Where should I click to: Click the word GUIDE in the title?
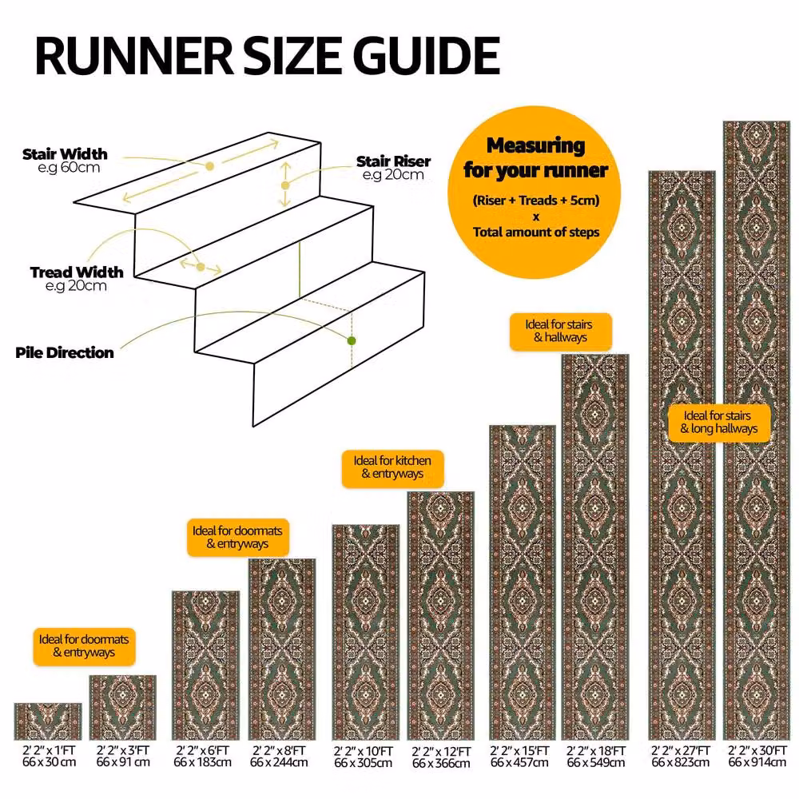(x=426, y=56)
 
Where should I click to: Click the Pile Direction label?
(x=64, y=352)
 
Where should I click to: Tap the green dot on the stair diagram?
(x=351, y=340)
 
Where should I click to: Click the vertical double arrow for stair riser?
(x=285, y=185)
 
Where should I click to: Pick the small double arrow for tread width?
(x=201, y=267)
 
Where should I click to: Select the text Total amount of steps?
(x=536, y=233)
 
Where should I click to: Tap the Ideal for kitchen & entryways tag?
(x=392, y=467)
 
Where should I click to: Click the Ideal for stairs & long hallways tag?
(x=718, y=423)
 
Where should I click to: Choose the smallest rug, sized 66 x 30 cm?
(x=47, y=721)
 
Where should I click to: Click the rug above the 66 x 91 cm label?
(x=122, y=707)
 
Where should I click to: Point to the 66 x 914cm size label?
(x=757, y=762)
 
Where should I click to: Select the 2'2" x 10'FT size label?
(x=364, y=751)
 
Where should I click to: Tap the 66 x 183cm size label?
(x=202, y=762)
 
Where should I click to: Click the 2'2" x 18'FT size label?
(x=596, y=751)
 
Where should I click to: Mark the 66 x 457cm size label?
(x=519, y=763)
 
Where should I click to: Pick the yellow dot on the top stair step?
(x=209, y=166)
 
